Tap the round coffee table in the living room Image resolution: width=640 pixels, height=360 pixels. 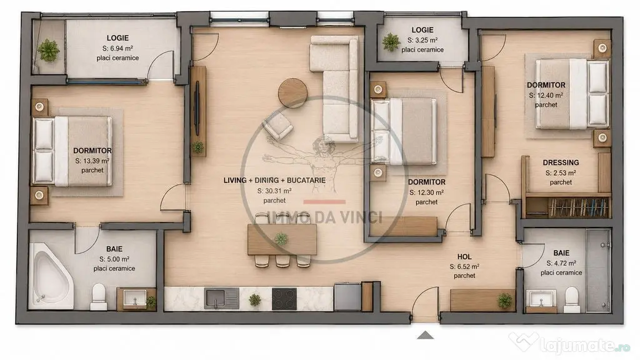292,92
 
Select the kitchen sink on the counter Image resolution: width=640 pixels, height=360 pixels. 222,298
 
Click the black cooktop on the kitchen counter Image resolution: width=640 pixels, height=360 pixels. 284,299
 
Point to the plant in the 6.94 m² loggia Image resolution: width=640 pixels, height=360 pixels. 49,50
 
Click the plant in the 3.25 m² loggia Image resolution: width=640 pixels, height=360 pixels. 391,42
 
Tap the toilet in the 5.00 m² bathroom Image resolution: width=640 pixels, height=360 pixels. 99,297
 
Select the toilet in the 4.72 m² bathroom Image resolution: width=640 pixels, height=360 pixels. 571,299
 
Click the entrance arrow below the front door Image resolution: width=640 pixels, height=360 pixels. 425,335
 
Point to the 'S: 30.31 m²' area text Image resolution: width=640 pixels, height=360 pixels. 274,191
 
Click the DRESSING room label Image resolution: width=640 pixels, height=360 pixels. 561,162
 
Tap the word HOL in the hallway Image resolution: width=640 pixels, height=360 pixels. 464,257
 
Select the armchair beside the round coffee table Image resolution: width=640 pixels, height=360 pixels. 277,126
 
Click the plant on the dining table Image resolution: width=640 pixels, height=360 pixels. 281,239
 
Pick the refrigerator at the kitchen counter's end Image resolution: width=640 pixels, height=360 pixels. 347,297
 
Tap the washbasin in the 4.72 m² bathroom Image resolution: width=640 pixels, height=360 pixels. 541,299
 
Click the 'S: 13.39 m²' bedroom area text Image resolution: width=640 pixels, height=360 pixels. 92,161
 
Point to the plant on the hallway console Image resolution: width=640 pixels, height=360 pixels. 505,301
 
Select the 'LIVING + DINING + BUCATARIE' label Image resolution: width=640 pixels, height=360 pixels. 275,181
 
